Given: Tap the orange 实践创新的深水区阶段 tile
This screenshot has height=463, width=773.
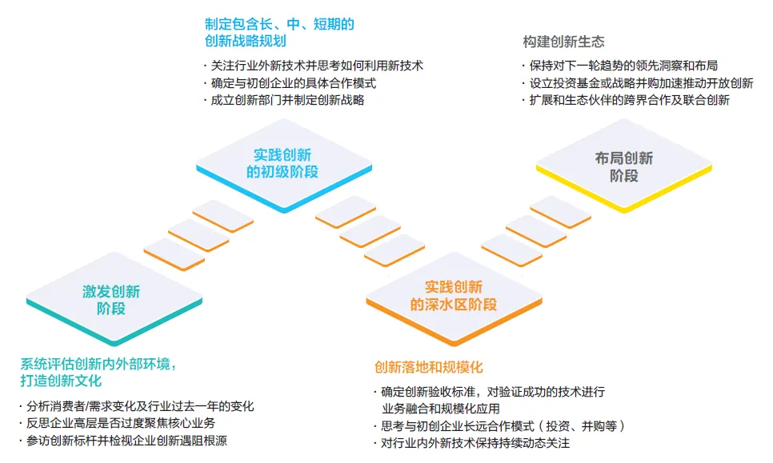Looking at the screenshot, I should pos(453,295).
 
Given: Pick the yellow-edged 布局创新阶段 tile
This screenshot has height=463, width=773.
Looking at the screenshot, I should pos(623,166).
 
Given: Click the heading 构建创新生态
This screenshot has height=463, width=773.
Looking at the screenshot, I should pos(563,42).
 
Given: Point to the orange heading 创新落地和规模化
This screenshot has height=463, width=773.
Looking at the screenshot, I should pos(429,368).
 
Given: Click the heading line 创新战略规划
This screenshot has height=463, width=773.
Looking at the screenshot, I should pos(245,41).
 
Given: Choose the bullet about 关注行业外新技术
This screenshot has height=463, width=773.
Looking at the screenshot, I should pos(317,66).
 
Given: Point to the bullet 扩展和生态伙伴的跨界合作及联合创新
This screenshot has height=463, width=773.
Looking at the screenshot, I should pos(629,100).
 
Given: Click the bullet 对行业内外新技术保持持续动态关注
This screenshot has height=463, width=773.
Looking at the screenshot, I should pos(475,443).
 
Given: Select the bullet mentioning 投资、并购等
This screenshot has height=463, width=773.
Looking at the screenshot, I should pos(503,425).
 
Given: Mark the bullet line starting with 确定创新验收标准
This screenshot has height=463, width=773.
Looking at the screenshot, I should pos(492,392).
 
